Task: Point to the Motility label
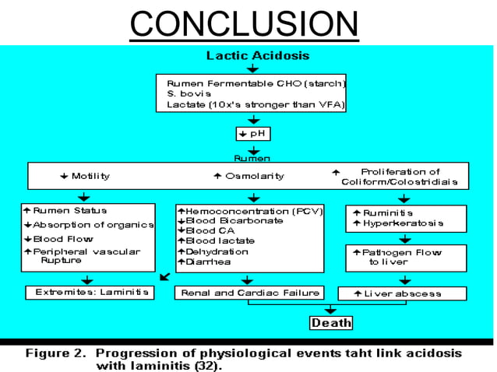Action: point(86,176)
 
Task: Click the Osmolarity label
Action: point(247,176)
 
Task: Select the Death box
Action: point(331,322)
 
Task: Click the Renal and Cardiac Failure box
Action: point(250,293)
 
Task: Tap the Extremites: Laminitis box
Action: point(90,293)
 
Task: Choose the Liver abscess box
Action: point(402,293)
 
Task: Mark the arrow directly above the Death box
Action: point(331,309)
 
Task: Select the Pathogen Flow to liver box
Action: point(400,258)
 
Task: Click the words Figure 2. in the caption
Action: point(55,353)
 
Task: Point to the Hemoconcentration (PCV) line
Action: point(250,211)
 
